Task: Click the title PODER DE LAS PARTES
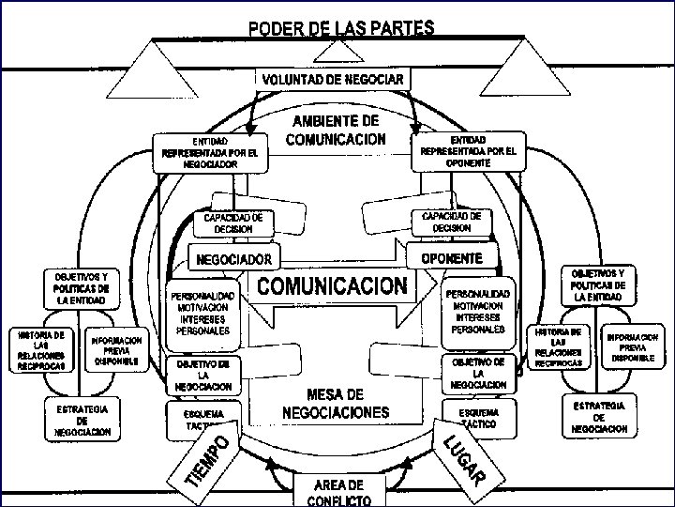pos(341,27)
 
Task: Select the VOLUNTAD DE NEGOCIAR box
pos(333,79)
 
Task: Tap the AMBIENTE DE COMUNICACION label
pos(336,131)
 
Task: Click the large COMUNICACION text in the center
pos(333,284)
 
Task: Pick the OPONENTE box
pos(452,256)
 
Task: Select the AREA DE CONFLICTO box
pos(337,489)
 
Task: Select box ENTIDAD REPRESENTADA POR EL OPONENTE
pos(468,150)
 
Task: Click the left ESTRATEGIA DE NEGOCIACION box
pos(82,421)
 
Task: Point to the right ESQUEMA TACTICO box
pos(479,418)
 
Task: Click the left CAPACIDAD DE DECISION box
pos(232,222)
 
